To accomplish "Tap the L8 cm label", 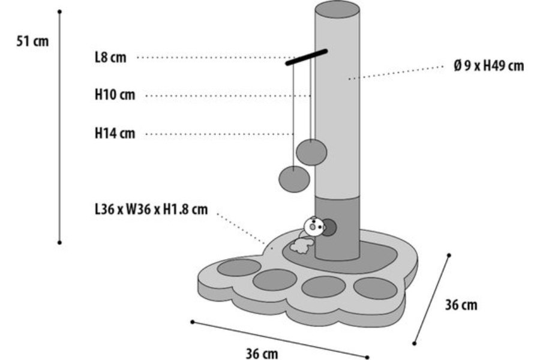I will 110,58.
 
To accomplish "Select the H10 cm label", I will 115,95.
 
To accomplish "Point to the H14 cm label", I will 115,133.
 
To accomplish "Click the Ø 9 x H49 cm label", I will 488,66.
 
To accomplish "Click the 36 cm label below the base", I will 262,353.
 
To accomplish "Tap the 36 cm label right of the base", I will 461,305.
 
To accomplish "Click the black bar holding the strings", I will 307,56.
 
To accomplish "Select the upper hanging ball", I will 312,152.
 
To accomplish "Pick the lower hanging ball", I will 294,179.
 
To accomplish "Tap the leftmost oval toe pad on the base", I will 239,268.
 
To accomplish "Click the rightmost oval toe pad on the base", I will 375,288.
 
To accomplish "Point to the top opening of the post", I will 337,8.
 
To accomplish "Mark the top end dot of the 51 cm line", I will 59,11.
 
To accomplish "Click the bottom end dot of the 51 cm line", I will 59,242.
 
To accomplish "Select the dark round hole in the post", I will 329,228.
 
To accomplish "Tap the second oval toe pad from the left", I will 275,278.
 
